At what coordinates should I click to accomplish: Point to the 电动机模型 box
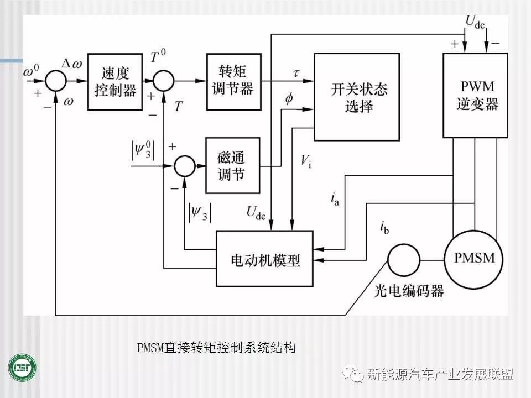click(x=265, y=259)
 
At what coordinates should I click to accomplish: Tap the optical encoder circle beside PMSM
click(x=403, y=259)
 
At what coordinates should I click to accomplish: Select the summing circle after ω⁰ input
click(x=55, y=81)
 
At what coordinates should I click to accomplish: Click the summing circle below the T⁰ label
click(x=164, y=81)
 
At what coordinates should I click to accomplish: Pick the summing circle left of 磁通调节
click(x=185, y=165)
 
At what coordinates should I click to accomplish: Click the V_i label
click(x=305, y=161)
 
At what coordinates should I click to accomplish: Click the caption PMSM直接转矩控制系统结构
click(x=217, y=348)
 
